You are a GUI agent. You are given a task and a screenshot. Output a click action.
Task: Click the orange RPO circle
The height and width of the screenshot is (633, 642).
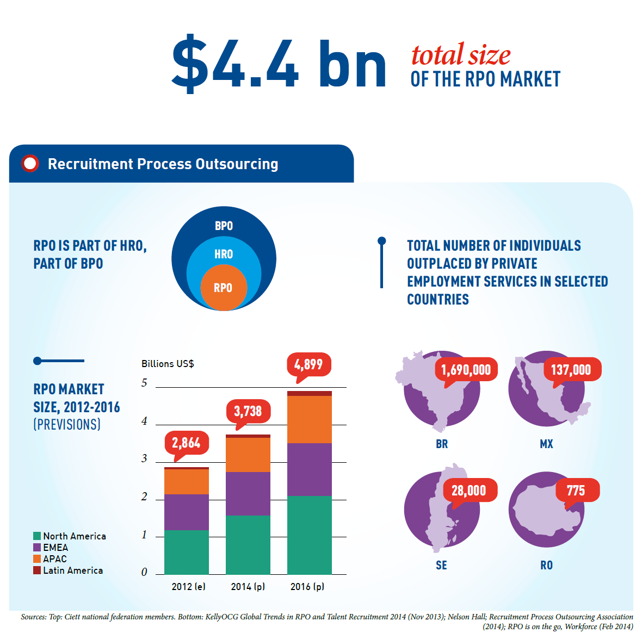tap(223, 287)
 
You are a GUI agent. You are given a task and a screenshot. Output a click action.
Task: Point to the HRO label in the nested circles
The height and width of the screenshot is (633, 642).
tap(223, 254)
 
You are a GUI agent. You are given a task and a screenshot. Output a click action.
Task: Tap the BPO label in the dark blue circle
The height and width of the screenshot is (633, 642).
tap(223, 226)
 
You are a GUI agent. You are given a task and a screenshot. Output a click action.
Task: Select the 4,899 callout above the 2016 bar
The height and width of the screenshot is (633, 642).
tap(308, 364)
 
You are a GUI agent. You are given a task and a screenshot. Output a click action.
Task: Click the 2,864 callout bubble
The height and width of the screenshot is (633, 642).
tap(186, 443)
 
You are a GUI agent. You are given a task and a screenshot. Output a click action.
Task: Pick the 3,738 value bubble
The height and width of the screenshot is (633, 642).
tap(248, 411)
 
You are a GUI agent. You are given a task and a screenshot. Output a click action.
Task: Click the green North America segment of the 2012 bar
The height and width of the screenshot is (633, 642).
tap(186, 552)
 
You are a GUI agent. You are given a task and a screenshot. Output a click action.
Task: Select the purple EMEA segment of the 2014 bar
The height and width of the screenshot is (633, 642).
tap(248, 493)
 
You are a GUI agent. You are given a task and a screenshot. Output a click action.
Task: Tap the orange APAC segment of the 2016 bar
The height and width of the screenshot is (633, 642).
tap(309, 419)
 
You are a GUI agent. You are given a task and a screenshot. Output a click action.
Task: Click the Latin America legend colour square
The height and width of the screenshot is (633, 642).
tap(37, 570)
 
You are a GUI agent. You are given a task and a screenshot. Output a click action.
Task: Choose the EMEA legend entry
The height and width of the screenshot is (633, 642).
tap(55, 548)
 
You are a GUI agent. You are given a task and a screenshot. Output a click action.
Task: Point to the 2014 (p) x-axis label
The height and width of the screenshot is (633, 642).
tap(248, 587)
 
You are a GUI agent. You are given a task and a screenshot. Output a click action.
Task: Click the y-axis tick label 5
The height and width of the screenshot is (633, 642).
tap(144, 383)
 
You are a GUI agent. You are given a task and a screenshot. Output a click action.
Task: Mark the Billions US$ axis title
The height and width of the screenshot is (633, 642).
tap(168, 364)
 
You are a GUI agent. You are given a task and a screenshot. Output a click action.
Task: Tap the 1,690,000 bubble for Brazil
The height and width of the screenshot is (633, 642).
tap(466, 370)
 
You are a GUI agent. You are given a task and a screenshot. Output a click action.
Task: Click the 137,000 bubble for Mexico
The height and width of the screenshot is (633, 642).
tap(571, 370)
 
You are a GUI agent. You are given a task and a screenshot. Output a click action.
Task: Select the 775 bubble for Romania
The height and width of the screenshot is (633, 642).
tap(576, 491)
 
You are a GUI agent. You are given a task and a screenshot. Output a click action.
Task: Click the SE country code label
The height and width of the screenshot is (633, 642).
tap(441, 566)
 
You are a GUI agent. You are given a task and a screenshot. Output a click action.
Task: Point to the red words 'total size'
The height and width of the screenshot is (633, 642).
tap(461, 55)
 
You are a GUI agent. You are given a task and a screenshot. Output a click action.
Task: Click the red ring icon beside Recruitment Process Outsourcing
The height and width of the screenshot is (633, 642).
tap(30, 163)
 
